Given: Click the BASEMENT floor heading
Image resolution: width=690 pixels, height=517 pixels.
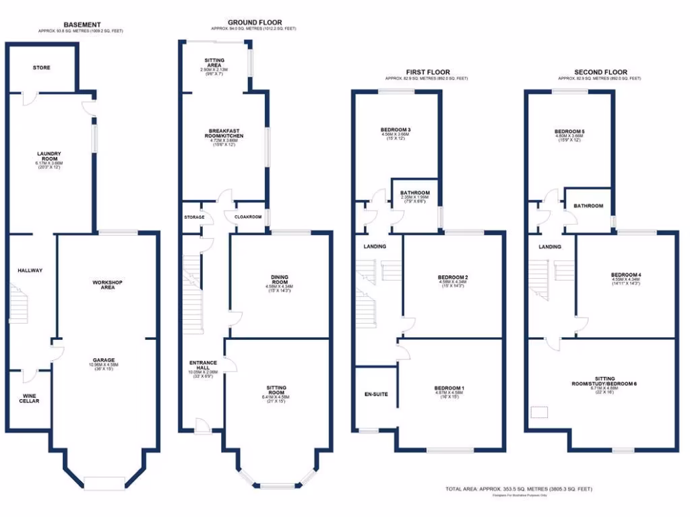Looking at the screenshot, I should [82, 24].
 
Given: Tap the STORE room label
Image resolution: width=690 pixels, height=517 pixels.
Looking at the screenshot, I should [42, 68].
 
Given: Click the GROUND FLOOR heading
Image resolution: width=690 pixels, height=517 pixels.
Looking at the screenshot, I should [254, 22].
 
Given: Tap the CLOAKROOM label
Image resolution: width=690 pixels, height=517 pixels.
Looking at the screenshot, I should [247, 217].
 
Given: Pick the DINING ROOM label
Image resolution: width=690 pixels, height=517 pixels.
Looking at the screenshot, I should [280, 279].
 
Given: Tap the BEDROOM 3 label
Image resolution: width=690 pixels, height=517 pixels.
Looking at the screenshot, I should [396, 130].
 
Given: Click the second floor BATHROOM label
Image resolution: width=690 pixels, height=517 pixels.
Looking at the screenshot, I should [588, 205].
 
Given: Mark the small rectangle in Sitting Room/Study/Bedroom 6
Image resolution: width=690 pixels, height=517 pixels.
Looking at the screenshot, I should [540, 412].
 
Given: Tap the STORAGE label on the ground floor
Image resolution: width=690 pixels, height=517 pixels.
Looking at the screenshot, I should [194, 217].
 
